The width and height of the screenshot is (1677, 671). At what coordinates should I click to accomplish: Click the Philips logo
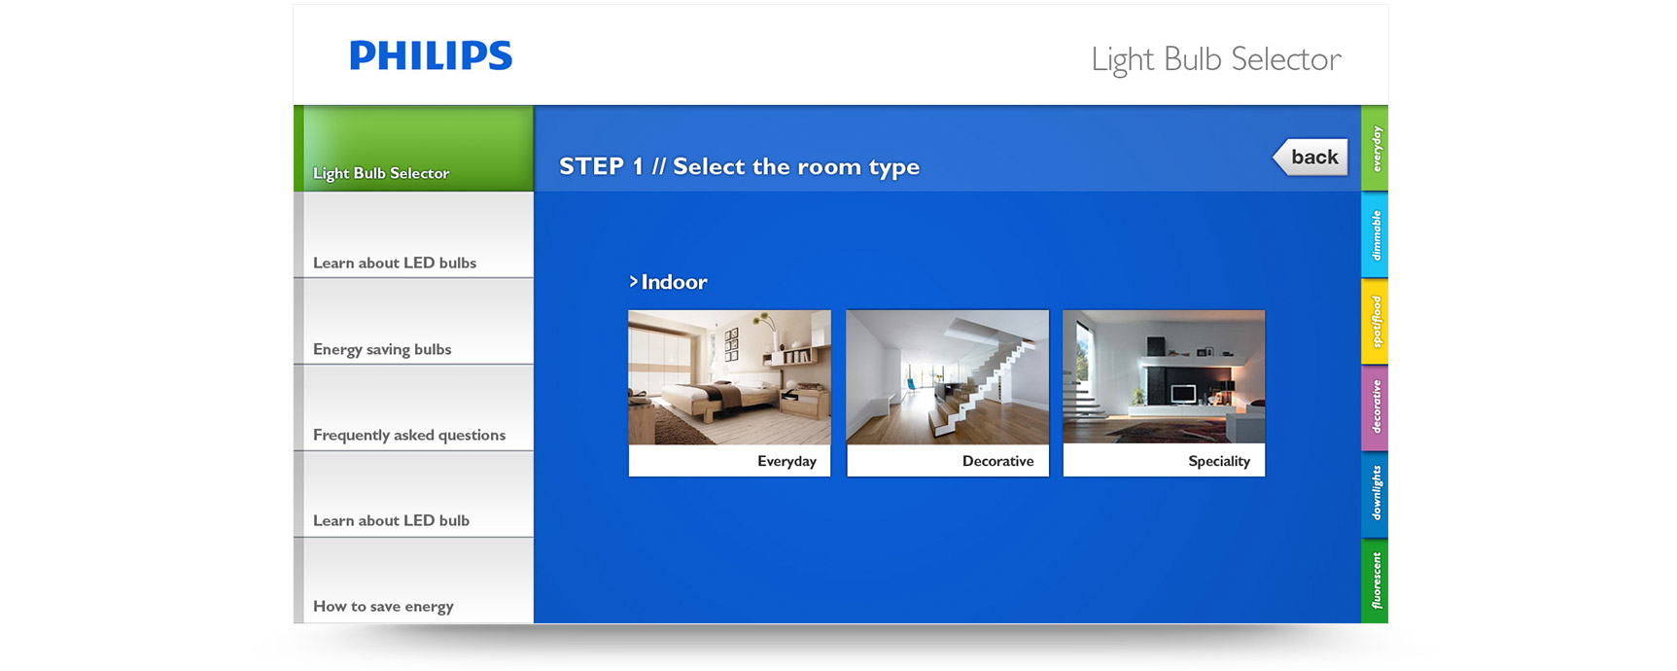[x=431, y=55]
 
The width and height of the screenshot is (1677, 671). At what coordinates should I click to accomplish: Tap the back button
[x=1310, y=157]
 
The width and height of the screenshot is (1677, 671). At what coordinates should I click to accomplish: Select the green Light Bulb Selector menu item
[x=413, y=149]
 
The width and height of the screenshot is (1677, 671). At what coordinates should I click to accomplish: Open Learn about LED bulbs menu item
[x=413, y=235]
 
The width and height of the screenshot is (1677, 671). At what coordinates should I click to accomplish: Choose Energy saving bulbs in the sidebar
[x=413, y=322]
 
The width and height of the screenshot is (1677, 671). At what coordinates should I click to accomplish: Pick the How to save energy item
[x=413, y=581]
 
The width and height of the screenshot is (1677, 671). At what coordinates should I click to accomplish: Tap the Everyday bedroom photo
[x=729, y=377]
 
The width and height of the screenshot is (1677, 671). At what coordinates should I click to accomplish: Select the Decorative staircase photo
[x=948, y=377]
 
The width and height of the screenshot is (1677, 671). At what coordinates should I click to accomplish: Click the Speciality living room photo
[x=1164, y=377]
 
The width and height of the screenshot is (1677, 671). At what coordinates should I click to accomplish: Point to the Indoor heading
[x=668, y=282]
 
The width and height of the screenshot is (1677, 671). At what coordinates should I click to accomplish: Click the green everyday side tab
[x=1375, y=148]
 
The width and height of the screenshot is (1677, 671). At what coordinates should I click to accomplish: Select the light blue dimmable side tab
[x=1375, y=234]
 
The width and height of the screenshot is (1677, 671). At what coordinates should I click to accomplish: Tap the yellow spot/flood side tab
[x=1375, y=321]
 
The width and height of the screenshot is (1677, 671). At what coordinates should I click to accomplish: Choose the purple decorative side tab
[x=1375, y=407]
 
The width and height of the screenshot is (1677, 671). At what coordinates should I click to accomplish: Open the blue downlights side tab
[x=1375, y=494]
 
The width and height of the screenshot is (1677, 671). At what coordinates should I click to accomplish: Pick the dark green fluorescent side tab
[x=1375, y=581]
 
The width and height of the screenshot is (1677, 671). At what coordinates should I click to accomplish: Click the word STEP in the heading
[x=591, y=166]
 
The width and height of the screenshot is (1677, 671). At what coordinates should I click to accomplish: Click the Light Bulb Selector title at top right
[x=1216, y=59]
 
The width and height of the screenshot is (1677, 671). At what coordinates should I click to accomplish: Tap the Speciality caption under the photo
[x=1219, y=461]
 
